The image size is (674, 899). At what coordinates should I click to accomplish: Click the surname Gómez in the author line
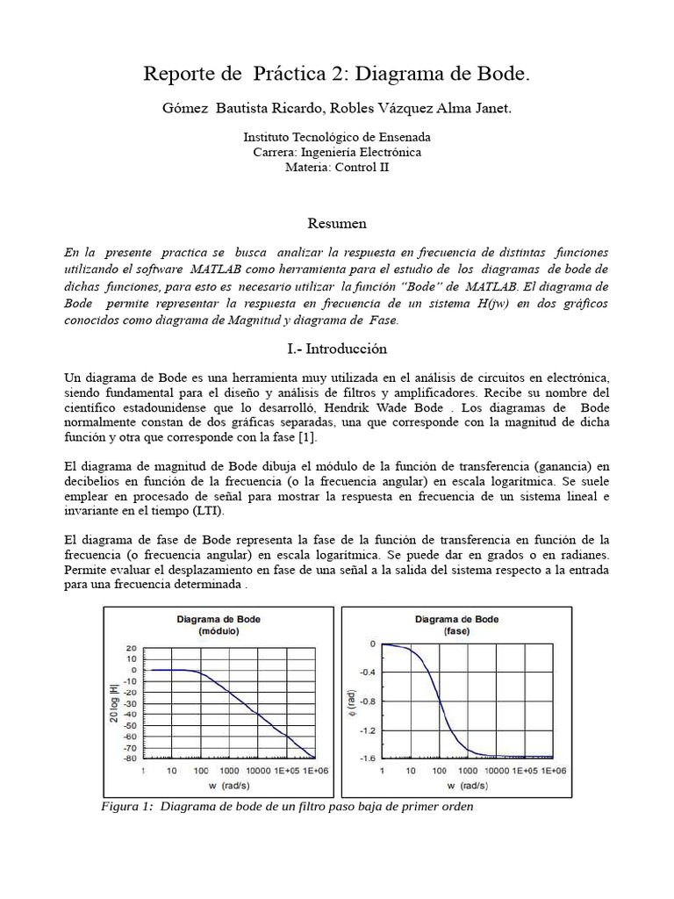(186, 108)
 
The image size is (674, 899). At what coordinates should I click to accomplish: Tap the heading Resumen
(337, 223)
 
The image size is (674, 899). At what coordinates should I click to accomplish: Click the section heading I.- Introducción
(337, 349)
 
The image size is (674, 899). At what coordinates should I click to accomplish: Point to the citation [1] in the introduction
(307, 437)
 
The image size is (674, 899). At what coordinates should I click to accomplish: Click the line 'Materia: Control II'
(337, 167)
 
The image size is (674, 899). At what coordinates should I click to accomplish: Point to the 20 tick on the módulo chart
(131, 648)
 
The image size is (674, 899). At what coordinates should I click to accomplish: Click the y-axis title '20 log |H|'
(113, 702)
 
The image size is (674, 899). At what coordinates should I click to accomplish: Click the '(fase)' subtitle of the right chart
(455, 630)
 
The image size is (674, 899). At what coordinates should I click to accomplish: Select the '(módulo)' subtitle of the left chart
(219, 630)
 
